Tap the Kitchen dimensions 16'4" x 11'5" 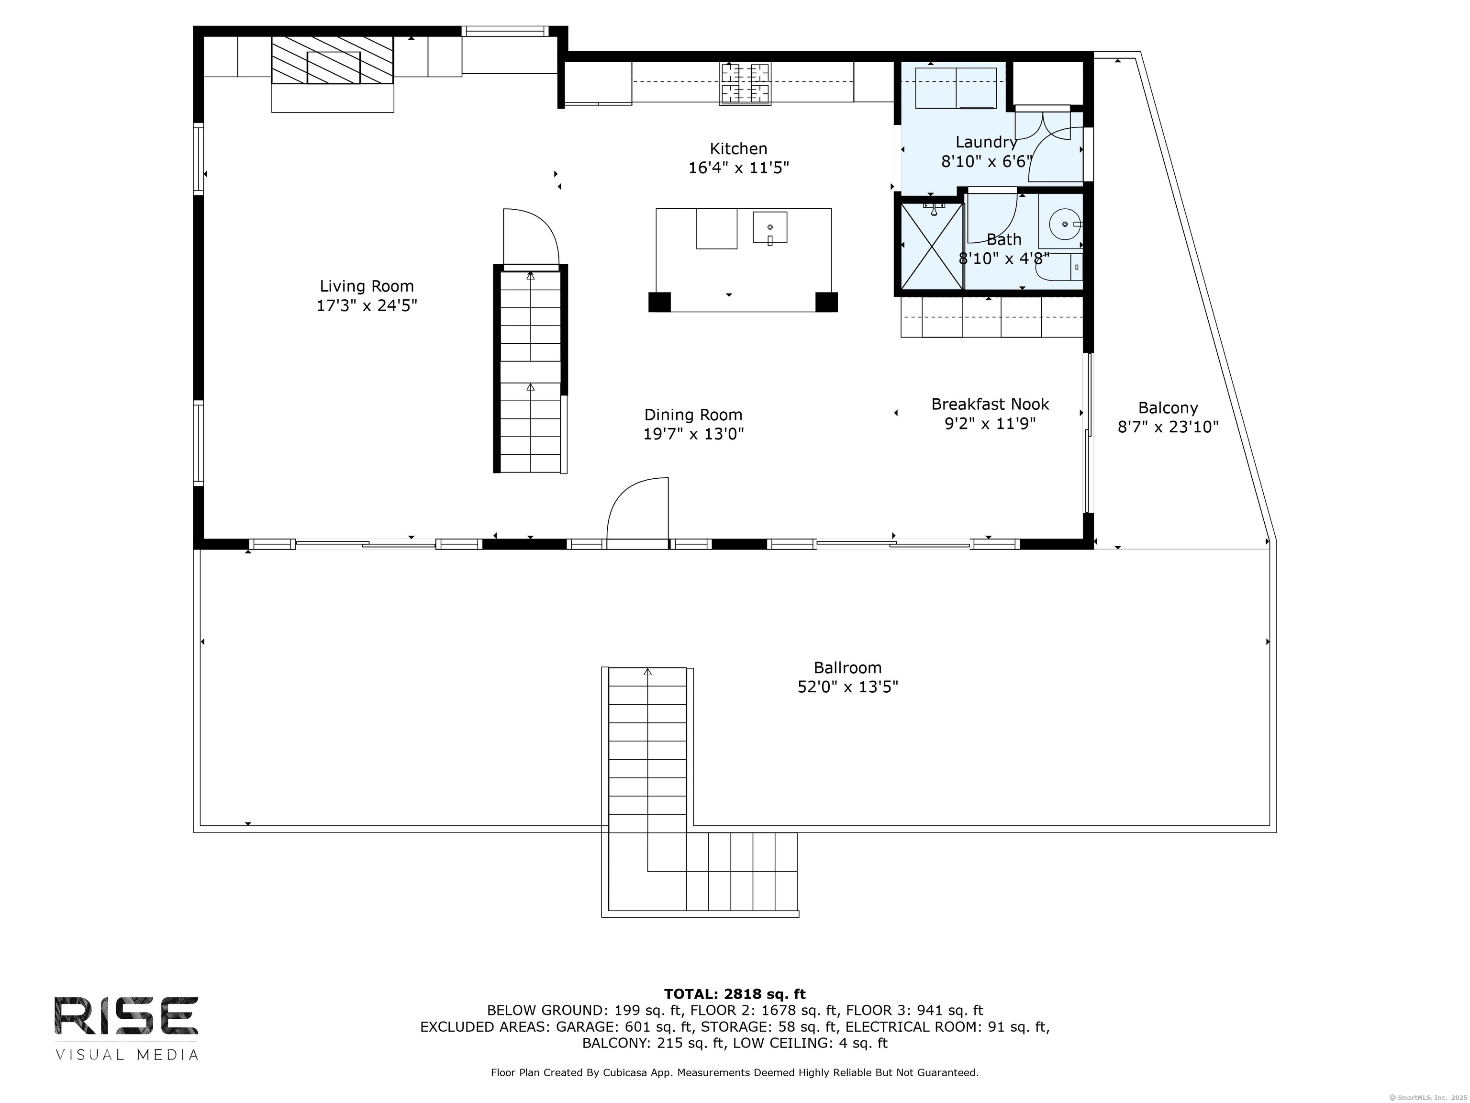(x=738, y=168)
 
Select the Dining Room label (x=693, y=415)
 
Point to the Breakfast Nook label (x=990, y=404)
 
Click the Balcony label (x=1168, y=408)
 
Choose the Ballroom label (x=848, y=667)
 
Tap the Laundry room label (x=986, y=142)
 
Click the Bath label (x=1004, y=239)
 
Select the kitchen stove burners (x=746, y=83)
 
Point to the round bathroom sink (x=1065, y=225)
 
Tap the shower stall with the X (x=932, y=246)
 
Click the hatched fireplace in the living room (x=332, y=60)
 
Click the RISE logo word (x=126, y=1016)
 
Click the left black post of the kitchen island (x=659, y=302)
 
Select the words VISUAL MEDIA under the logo (x=126, y=1055)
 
